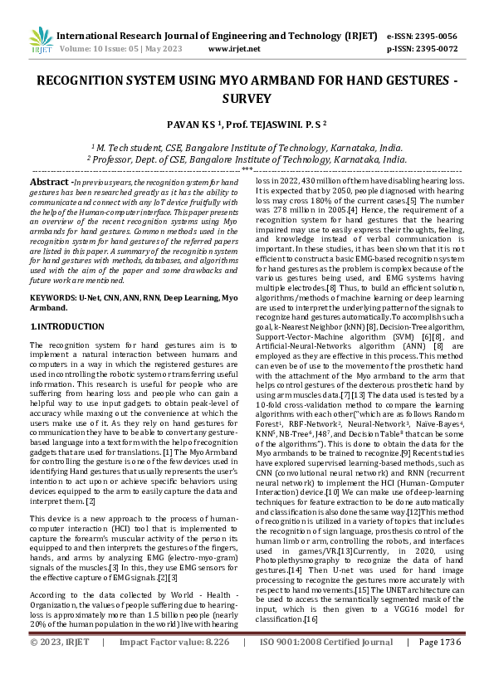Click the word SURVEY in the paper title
247,99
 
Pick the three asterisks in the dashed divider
247,169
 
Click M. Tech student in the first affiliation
135,146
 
